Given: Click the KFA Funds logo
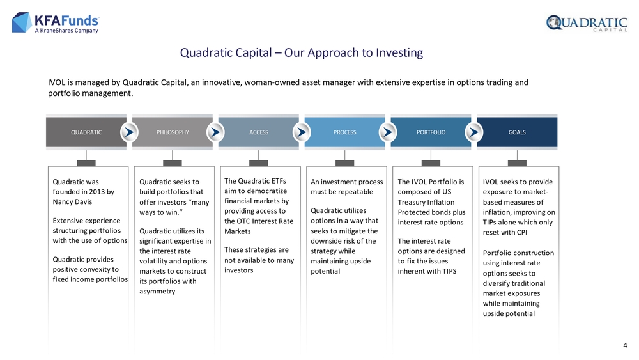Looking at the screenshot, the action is [56, 22].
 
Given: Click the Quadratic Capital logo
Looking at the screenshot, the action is [587, 23].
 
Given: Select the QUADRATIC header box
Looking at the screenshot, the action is [86, 132].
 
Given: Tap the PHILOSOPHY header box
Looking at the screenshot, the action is [173, 132].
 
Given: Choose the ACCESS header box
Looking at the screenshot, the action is [259, 132].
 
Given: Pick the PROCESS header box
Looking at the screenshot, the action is [345, 132].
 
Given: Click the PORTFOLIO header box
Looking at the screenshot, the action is [431, 132].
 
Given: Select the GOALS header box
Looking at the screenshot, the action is [517, 132].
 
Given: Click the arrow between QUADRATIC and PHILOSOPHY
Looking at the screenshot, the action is [129, 132].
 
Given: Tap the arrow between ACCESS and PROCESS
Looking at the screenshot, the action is [302, 132].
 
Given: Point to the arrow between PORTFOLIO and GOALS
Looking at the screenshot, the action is [474, 132].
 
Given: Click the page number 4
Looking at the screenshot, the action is [625, 345].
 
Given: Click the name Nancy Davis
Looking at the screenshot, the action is [73, 202].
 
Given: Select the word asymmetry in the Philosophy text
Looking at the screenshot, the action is [157, 292].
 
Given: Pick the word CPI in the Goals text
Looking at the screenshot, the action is [521, 232].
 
